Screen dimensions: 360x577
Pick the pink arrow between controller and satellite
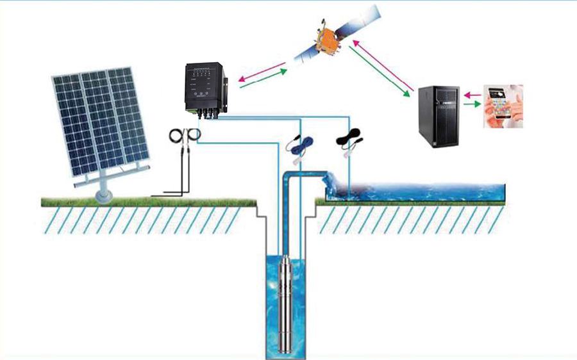pyautogui.click(x=259, y=70)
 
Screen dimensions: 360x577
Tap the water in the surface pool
pyautogui.click(x=423, y=190)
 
